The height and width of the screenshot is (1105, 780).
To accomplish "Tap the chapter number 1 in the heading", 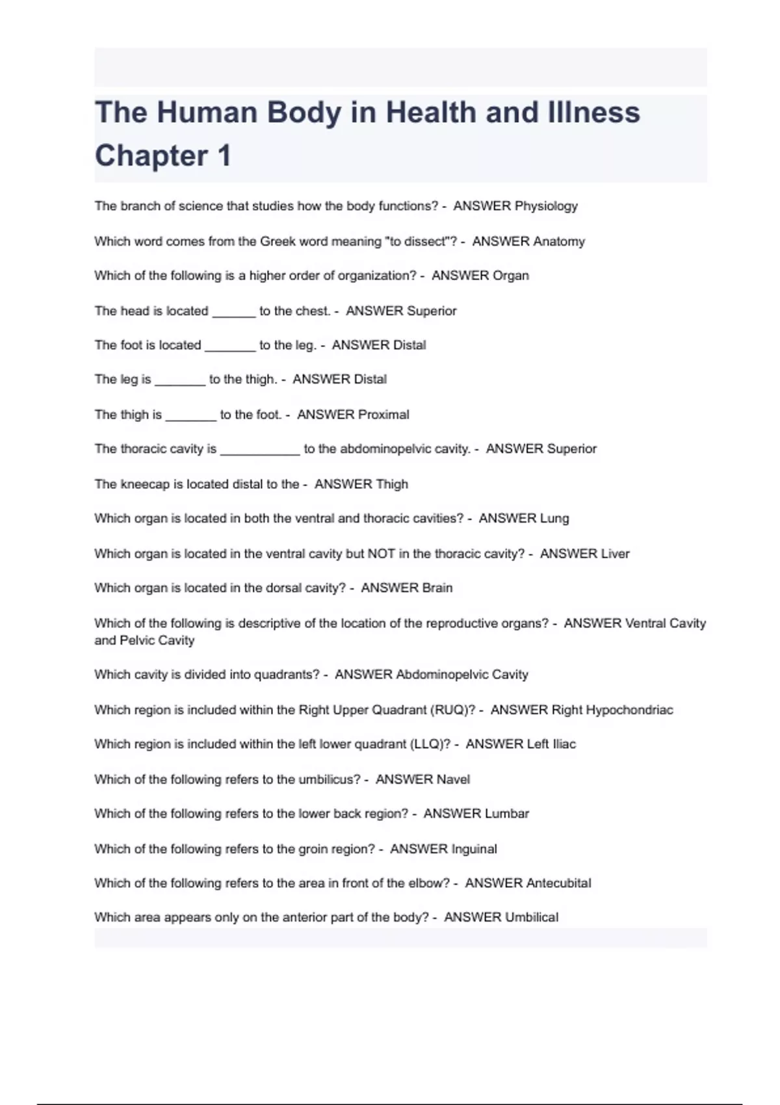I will (x=224, y=156).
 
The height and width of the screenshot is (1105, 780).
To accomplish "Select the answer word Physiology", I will (x=546, y=206).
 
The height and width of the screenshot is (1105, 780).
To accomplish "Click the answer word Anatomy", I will (x=558, y=242).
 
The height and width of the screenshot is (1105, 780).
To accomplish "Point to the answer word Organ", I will (x=510, y=276).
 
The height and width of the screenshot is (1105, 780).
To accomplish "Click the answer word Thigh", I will (x=391, y=484).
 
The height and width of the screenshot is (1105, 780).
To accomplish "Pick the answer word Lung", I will (x=554, y=519).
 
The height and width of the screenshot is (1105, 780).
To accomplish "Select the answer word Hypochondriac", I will (x=629, y=710).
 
